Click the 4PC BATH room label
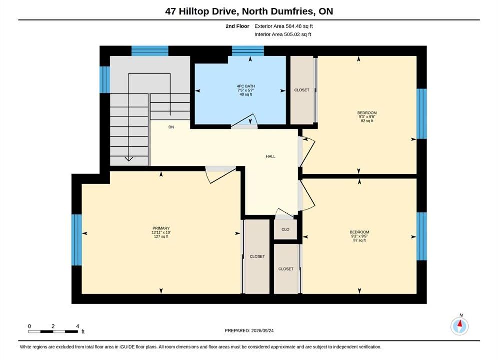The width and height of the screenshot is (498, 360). pyautogui.click(x=246, y=86)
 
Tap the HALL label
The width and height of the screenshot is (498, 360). pyautogui.click(x=271, y=156)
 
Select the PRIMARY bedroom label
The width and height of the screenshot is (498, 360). pyautogui.click(x=161, y=228)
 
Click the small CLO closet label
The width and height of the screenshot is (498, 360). pyautogui.click(x=285, y=229)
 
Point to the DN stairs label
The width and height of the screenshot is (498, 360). pyautogui.click(x=171, y=127)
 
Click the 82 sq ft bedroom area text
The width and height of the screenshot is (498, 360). pyautogui.click(x=367, y=121)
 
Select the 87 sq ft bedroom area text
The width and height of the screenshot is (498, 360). pyautogui.click(x=359, y=240)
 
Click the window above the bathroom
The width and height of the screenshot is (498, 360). pyautogui.click(x=248, y=51)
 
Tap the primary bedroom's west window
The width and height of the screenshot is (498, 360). pyautogui.click(x=77, y=240)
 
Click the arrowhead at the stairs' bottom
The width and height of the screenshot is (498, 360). pyautogui.click(x=129, y=159)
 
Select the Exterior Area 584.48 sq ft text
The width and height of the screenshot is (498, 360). pyautogui.click(x=284, y=26)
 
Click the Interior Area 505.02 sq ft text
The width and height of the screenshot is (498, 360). pyautogui.click(x=283, y=34)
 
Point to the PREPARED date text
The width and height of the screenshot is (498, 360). pyautogui.click(x=249, y=331)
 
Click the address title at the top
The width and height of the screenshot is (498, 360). pyautogui.click(x=249, y=11)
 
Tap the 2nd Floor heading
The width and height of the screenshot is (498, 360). pyautogui.click(x=237, y=26)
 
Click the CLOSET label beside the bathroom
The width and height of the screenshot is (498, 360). pyautogui.click(x=302, y=90)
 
